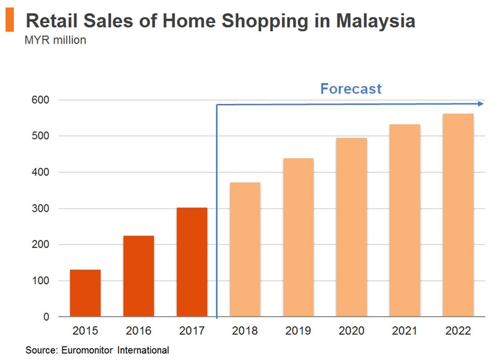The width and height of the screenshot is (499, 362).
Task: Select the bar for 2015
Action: coord(85,293)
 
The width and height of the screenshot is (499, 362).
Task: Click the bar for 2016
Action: coord(138,276)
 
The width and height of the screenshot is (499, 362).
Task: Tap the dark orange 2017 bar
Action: coord(191,262)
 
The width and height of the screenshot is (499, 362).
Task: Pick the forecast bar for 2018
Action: coord(245,249)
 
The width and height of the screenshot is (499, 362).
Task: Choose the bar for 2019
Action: coord(298,237)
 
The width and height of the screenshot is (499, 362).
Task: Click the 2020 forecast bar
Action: coord(352,227)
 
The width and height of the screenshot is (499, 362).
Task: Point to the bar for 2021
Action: coord(405,221)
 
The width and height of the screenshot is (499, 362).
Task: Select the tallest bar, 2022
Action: coord(458,215)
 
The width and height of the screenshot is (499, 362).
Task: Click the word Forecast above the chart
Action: coord(351,88)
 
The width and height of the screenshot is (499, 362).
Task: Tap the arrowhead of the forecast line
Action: coord(480,104)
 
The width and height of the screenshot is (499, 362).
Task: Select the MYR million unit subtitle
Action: coord(55,41)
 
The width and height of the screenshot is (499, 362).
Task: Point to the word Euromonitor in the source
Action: coord(87,350)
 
